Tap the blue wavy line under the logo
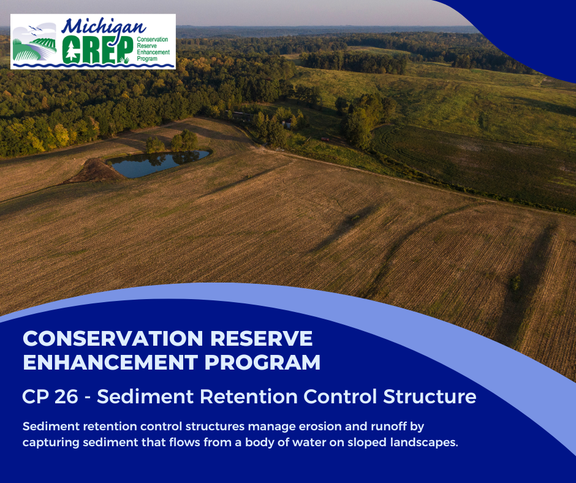pos(92,64)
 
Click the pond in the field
pos(158,162)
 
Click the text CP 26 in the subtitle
pos(50,397)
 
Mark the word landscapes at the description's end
pos(423,443)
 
